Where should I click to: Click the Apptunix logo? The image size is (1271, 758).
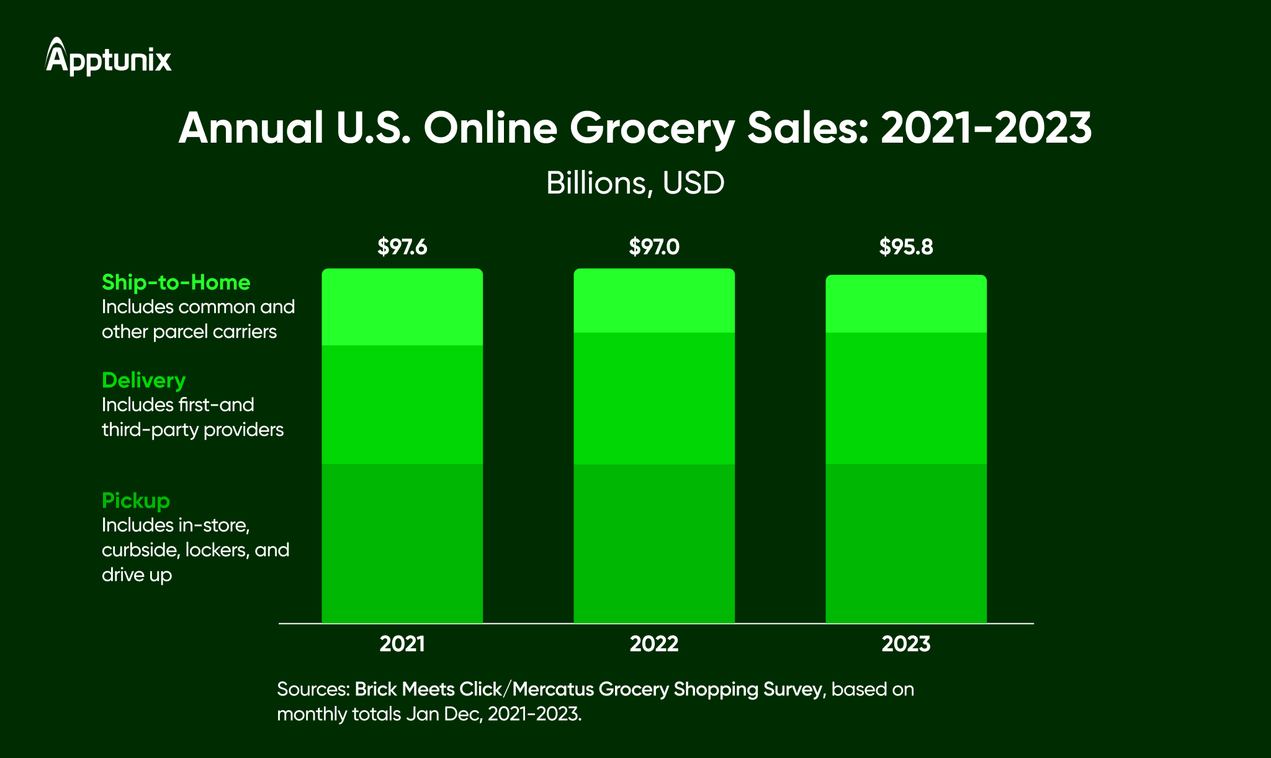(x=108, y=57)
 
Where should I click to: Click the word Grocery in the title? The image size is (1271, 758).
(x=652, y=128)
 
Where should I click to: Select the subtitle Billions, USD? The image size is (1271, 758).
(x=635, y=183)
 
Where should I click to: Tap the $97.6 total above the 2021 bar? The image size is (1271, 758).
(x=402, y=247)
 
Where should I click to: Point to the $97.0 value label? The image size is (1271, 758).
(x=654, y=247)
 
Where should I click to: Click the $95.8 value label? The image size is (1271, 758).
(x=905, y=247)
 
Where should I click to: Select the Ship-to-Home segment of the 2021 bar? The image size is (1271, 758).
(x=402, y=307)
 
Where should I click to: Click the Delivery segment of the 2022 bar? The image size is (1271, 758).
(x=654, y=398)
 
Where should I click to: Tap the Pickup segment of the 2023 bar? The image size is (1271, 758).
(x=905, y=543)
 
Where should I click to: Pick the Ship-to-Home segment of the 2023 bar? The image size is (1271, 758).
(x=905, y=304)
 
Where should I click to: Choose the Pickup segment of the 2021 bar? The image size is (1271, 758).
(x=402, y=543)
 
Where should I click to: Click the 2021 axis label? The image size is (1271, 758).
(x=402, y=644)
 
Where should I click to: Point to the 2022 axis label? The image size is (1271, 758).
(x=654, y=644)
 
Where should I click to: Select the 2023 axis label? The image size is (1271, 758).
(x=905, y=644)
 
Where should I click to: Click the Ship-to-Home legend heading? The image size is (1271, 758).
(x=176, y=282)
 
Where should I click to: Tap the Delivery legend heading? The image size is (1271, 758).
(x=143, y=380)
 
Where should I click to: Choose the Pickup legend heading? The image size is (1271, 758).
(x=135, y=501)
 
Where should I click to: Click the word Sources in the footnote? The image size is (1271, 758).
(x=312, y=689)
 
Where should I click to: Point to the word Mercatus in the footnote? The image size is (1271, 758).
(x=552, y=689)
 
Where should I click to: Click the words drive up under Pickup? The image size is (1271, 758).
(x=137, y=575)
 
